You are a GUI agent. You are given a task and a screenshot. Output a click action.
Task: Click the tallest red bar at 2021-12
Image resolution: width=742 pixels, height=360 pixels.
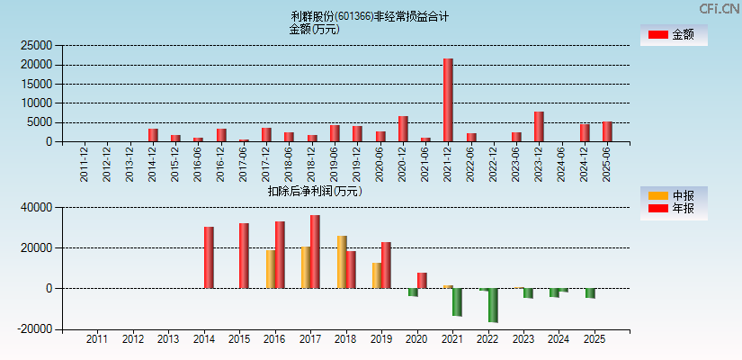448,100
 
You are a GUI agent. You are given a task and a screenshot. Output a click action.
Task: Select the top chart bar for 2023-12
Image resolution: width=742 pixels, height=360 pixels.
539,127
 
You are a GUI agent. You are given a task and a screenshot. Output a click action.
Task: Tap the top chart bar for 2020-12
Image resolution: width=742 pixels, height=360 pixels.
403,129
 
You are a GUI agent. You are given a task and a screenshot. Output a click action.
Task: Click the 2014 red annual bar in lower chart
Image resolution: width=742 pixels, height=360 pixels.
209,257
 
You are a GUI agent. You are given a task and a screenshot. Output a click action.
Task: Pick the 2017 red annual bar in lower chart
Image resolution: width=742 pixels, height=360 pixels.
315,252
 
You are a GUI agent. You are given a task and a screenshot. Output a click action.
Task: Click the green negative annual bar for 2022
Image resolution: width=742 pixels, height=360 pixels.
493,305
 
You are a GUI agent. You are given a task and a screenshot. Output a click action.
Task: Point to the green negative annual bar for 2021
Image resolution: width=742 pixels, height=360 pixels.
457,302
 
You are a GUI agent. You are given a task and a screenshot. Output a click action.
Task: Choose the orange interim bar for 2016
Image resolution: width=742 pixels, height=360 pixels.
271,269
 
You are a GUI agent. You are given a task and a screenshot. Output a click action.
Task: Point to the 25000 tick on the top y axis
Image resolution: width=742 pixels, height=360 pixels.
37,45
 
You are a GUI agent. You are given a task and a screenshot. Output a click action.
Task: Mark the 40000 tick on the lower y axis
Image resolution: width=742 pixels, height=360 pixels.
37,208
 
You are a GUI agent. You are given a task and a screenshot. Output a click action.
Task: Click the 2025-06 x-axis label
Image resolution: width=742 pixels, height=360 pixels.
608,164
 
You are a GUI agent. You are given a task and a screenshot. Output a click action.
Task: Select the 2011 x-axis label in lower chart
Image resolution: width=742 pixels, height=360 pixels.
96,340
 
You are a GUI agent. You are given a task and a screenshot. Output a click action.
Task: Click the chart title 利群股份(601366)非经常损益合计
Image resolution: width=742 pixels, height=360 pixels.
371,16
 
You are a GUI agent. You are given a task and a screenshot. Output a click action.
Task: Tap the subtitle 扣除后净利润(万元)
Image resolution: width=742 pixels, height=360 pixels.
315,191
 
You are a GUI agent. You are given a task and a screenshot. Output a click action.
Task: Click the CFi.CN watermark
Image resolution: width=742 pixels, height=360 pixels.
719,9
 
